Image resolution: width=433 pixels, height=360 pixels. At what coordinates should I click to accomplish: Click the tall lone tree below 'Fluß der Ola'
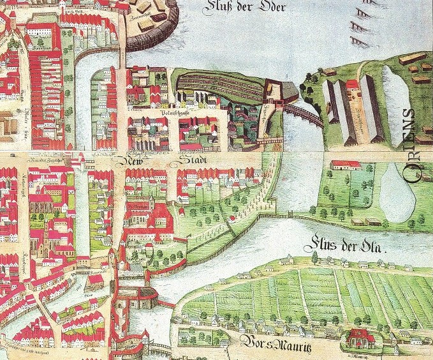[x=314, y=257]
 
